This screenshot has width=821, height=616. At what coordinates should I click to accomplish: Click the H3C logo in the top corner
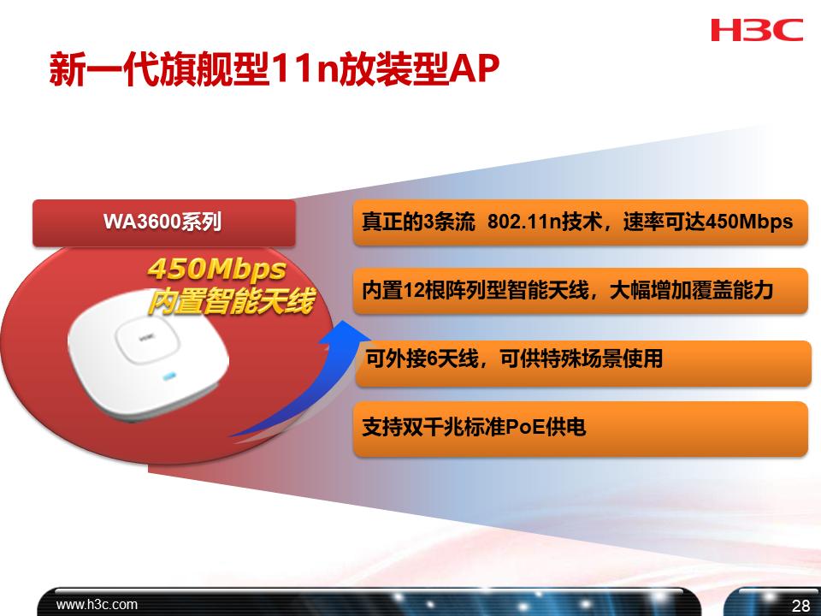click(x=757, y=31)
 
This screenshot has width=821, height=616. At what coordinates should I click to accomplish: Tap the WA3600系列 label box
click(x=163, y=222)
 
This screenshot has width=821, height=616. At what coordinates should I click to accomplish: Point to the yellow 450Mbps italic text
click(x=216, y=269)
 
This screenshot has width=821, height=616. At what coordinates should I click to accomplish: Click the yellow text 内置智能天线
click(x=229, y=300)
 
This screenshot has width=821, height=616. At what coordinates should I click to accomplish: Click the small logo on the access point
click(x=135, y=339)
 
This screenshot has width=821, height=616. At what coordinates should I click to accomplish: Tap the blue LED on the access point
click(x=169, y=375)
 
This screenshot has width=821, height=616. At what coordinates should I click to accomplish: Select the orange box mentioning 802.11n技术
click(x=580, y=222)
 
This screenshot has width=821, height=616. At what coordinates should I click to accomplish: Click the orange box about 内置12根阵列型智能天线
click(x=580, y=291)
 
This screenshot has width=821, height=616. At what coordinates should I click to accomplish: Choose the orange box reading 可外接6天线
click(x=580, y=360)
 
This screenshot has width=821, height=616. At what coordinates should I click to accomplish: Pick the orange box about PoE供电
click(x=580, y=428)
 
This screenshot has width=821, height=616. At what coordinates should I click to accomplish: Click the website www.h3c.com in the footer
click(x=97, y=604)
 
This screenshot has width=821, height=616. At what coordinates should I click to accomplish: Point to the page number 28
click(x=801, y=606)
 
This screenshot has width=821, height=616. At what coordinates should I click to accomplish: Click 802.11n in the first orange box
click(x=523, y=222)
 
